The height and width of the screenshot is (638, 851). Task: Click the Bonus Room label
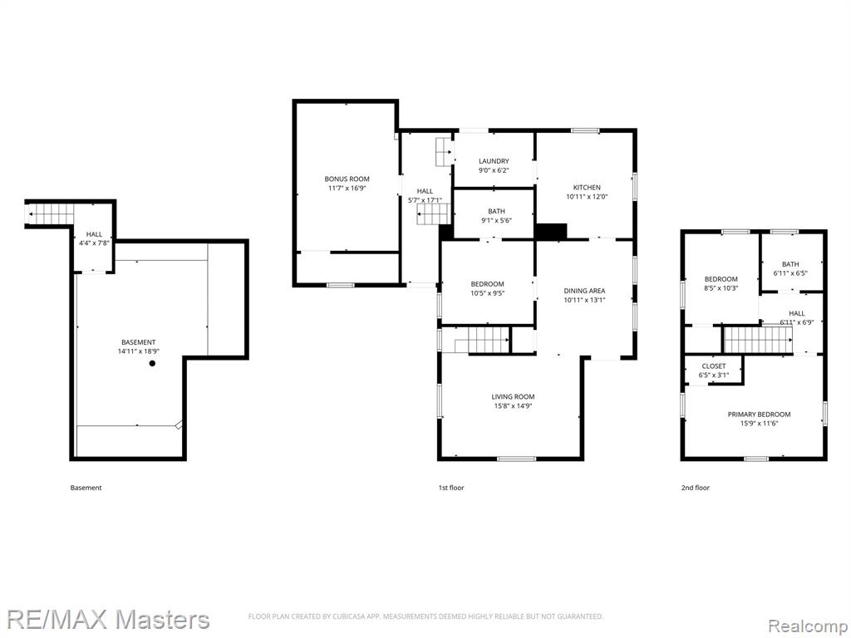click(347, 179)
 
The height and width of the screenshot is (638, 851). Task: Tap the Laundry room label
click(494, 161)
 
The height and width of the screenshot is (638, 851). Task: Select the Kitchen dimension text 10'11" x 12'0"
click(587, 197)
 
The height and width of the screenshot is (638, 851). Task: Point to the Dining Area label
click(584, 291)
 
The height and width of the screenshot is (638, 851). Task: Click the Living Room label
click(513, 396)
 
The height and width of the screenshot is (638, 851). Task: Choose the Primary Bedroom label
click(759, 415)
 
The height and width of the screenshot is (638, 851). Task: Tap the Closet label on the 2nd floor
click(714, 366)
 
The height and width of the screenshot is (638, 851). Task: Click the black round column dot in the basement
click(153, 364)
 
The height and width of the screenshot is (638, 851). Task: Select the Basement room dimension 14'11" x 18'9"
click(139, 351)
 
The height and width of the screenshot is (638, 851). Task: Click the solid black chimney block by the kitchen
click(551, 231)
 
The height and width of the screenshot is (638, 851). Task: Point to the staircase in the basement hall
click(51, 213)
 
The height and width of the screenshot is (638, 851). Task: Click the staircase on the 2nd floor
click(758, 340)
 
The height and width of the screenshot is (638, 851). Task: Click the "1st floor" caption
click(451, 488)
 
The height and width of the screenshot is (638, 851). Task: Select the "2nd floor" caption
click(696, 488)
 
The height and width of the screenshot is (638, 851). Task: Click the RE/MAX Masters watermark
click(108, 620)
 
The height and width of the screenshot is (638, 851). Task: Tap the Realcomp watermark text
click(807, 626)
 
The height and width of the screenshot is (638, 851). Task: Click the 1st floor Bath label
click(497, 212)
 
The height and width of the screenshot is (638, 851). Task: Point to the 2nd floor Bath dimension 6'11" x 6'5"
click(791, 273)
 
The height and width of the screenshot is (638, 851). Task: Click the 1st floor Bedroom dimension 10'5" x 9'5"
click(487, 293)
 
